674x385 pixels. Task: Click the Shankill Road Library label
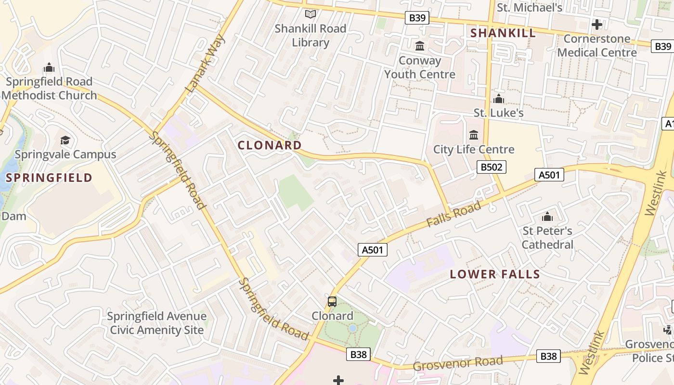(311, 36)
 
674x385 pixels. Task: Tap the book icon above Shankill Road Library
(311, 14)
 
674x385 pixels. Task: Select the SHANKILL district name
(503, 33)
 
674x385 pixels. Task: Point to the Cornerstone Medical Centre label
(597, 45)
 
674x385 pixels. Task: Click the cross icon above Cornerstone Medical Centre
(597, 24)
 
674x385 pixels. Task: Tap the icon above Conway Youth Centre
(420, 46)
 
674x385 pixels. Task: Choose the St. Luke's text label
(498, 113)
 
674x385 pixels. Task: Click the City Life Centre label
(474, 150)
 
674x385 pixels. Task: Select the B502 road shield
(491, 167)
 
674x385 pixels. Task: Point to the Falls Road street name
(454, 215)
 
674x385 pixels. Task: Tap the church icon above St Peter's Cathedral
(547, 217)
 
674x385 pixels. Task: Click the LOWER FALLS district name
(495, 274)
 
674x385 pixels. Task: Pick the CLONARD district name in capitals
(270, 145)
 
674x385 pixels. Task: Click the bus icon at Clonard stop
(332, 302)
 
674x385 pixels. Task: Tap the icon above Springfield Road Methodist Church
(49, 67)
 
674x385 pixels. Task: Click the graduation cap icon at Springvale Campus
(65, 140)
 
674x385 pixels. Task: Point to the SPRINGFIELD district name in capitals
(49, 178)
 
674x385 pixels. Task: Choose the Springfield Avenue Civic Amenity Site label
(156, 323)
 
